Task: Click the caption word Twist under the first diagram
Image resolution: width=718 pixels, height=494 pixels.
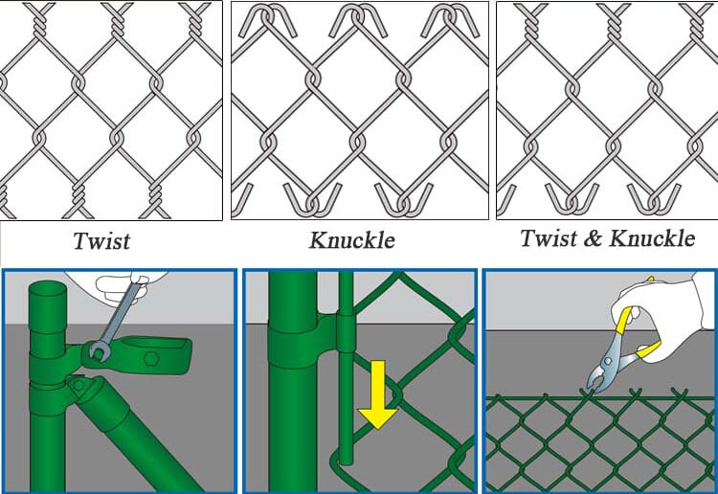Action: pos(101,241)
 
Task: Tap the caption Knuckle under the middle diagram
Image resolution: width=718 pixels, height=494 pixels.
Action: pos(351,240)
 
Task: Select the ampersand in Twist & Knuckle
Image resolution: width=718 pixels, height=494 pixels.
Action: pos(593,238)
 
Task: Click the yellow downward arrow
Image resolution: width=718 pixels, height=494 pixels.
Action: pos(378,394)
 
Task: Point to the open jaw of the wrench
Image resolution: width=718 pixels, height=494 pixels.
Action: pos(97,351)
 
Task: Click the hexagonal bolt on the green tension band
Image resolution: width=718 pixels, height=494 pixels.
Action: pos(150,358)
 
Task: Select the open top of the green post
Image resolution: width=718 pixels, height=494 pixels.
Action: pos(47,290)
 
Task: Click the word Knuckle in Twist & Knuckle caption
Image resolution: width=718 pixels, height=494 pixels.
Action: pos(653,238)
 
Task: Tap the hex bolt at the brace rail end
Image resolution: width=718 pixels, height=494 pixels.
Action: pos(79,385)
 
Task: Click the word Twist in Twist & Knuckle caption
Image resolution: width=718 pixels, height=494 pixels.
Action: pos(549,238)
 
